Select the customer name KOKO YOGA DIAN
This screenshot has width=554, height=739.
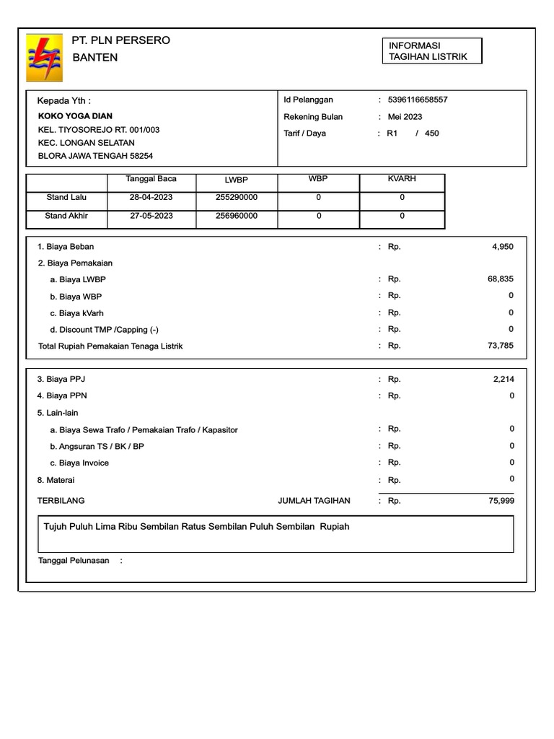pyautogui.click(x=75, y=116)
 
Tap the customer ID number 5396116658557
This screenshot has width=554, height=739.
pyautogui.click(x=418, y=100)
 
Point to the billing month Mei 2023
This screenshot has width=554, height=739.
pyautogui.click(x=405, y=117)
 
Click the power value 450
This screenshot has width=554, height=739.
pyautogui.click(x=431, y=134)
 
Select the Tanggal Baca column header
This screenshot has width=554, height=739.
pyautogui.click(x=151, y=179)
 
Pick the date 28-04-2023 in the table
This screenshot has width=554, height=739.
pyautogui.click(x=151, y=197)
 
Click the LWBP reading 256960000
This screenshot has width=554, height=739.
pyautogui.click(x=236, y=216)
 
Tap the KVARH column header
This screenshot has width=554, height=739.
pyautogui.click(x=402, y=179)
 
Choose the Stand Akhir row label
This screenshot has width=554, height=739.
pyautogui.click(x=67, y=216)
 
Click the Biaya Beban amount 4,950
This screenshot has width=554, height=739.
pyautogui.click(x=502, y=247)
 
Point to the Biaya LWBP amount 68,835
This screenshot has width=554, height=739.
pyautogui.click(x=501, y=279)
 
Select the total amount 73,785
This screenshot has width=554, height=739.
pyautogui.click(x=501, y=346)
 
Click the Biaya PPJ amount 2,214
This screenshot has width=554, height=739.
pyautogui.click(x=502, y=378)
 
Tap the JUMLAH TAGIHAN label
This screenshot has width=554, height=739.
pyautogui.click(x=314, y=500)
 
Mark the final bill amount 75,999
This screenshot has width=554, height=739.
pyautogui.click(x=501, y=500)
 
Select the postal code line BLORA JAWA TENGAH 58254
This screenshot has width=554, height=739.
pyautogui.click(x=95, y=156)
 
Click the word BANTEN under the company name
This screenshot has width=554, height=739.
pyautogui.click(x=94, y=58)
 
